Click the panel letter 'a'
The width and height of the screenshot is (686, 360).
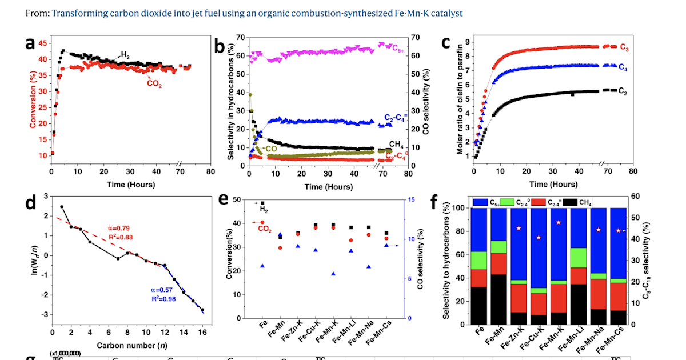[32, 45]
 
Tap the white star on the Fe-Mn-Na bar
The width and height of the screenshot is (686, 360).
[598, 230]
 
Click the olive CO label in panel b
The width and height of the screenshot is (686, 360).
[270, 149]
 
